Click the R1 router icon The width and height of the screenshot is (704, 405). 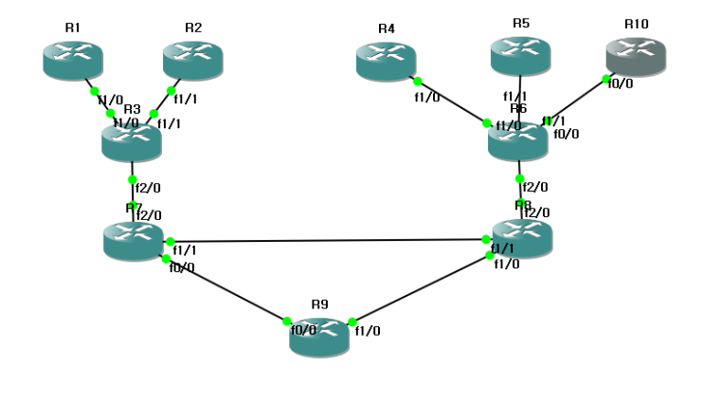(72, 59)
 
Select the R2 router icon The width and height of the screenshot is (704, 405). (192, 59)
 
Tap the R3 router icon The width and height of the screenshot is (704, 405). (132, 141)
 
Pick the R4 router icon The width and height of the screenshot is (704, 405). (386, 60)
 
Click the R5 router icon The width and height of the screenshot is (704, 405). (520, 54)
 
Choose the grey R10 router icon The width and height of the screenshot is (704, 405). (636, 54)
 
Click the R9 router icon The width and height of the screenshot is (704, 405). (319, 337)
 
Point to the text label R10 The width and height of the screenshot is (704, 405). (637, 23)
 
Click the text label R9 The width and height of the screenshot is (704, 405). (319, 304)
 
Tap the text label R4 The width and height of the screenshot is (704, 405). (386, 28)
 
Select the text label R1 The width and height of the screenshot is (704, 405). (73, 28)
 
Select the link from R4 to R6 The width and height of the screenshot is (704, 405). (452, 101)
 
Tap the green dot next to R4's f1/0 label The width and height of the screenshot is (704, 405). (417, 82)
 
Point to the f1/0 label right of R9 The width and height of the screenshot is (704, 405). (367, 331)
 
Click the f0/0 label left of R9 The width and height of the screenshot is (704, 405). (303, 331)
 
